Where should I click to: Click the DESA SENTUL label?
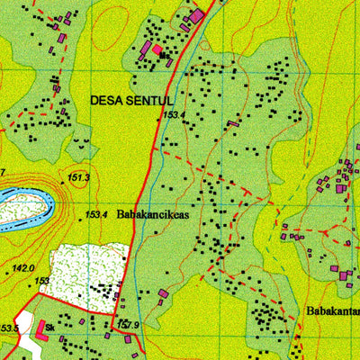(131, 101)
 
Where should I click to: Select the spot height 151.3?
(79, 177)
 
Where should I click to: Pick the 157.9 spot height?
(129, 324)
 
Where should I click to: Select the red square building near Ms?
(157, 49)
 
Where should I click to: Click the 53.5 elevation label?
(9, 328)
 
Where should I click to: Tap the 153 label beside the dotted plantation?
(42, 282)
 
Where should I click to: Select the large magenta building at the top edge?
(196, 15)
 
